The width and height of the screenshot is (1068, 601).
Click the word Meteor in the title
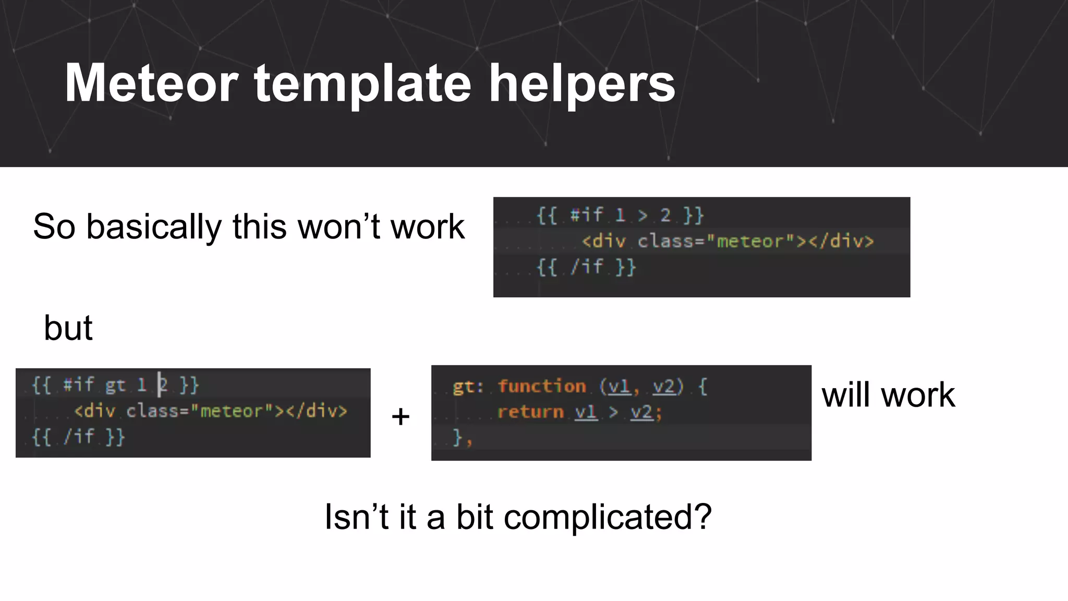(x=151, y=83)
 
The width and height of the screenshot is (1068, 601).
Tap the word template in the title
(x=362, y=83)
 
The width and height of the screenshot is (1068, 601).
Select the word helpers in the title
(x=581, y=83)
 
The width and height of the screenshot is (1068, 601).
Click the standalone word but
(x=68, y=328)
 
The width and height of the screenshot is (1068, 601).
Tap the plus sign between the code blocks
(x=400, y=416)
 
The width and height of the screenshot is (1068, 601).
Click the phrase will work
(x=888, y=395)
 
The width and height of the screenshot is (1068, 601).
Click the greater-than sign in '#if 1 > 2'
(x=642, y=215)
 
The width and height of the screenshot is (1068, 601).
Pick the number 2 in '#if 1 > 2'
(x=665, y=215)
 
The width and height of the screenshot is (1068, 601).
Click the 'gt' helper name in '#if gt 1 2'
(x=115, y=386)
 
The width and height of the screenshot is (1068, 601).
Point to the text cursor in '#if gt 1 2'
(x=159, y=385)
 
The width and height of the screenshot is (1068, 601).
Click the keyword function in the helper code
(x=542, y=387)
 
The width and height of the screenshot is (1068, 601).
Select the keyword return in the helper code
(x=530, y=412)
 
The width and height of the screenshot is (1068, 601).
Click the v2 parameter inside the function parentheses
(x=664, y=387)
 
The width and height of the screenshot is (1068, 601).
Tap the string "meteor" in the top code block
(x=750, y=242)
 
